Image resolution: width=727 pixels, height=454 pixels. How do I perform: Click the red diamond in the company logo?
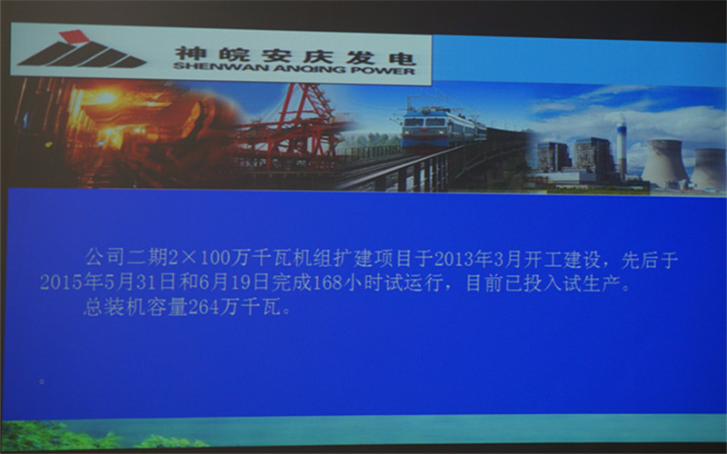(x=75, y=36)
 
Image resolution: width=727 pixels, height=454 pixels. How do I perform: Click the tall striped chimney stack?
(x=622, y=147)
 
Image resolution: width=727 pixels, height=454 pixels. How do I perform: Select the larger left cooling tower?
(x=664, y=163)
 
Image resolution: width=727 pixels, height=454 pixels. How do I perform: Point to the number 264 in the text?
(x=204, y=307)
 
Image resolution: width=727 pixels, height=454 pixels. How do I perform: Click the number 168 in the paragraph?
(x=327, y=283)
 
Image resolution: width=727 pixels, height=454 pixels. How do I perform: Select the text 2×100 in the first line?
(x=199, y=258)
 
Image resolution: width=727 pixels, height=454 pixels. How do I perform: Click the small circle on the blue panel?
(x=42, y=381)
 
